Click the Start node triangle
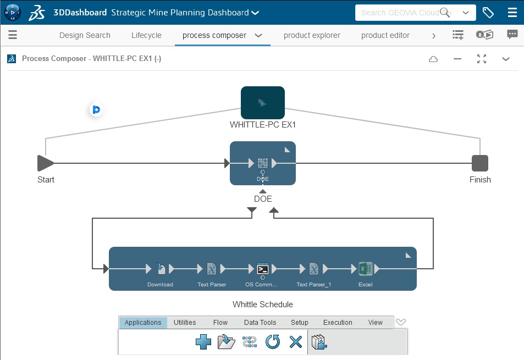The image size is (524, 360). (45, 163)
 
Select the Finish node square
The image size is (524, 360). (480, 163)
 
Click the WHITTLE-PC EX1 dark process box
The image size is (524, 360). (263, 103)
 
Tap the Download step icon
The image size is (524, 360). (160, 269)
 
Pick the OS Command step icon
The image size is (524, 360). (263, 269)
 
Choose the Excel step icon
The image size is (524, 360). (366, 269)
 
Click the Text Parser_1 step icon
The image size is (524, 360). (313, 269)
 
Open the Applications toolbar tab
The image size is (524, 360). (143, 323)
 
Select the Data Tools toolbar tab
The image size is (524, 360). (260, 323)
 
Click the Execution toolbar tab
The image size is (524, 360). (338, 323)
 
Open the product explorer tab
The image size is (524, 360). (312, 35)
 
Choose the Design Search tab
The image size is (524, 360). (85, 35)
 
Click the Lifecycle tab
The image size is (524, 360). (146, 35)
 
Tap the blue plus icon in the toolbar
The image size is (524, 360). (203, 342)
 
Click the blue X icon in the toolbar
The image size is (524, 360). (296, 342)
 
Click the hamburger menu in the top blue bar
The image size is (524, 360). (512, 12)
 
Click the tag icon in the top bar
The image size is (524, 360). (488, 12)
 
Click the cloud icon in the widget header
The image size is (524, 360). (433, 59)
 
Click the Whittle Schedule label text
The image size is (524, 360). (263, 304)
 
